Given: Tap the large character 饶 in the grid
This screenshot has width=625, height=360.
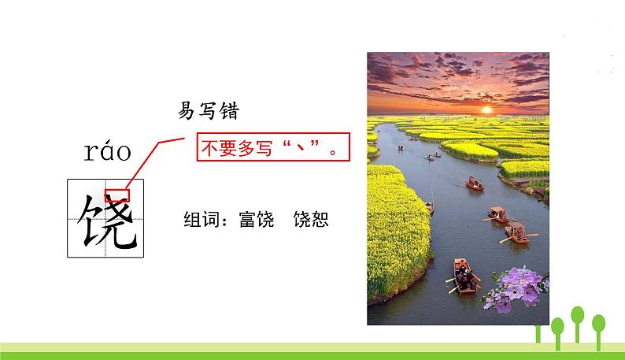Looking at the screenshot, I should coord(106,217).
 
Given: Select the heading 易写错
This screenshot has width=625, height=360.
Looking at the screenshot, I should coord(208,112).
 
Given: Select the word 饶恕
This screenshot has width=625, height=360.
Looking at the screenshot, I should coord(309,220).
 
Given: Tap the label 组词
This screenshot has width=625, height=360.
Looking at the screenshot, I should coord(200,220).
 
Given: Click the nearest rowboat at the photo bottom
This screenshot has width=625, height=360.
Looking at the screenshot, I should coord(465,275).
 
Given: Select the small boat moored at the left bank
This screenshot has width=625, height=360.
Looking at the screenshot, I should coord(430,207).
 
